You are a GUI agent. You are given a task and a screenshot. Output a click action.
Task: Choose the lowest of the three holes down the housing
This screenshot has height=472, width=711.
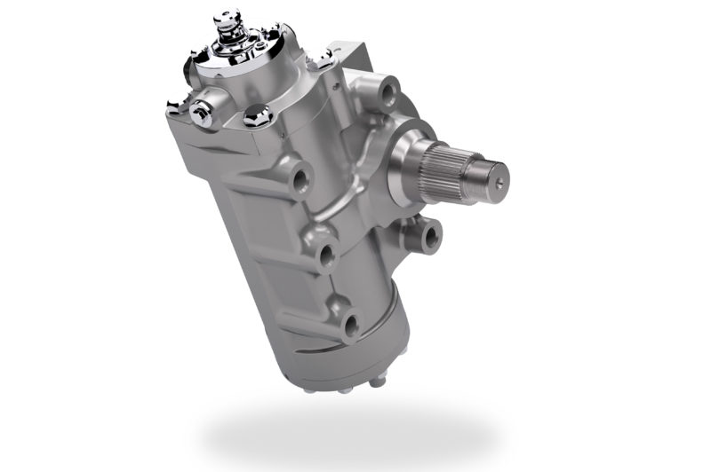[350, 324]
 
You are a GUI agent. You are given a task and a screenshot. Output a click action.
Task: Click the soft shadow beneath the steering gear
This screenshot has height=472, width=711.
[347, 435]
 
